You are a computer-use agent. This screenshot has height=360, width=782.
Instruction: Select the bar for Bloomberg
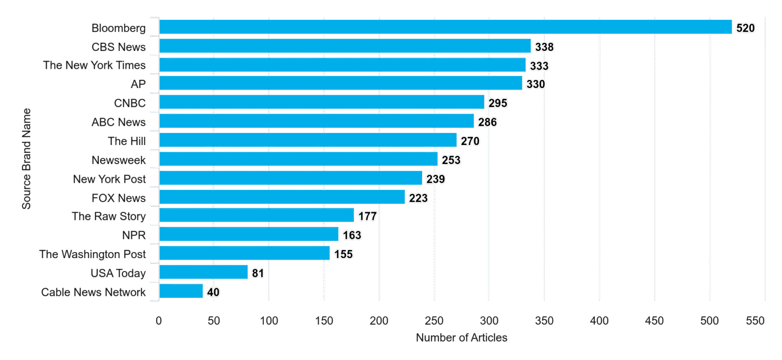(x=445, y=27)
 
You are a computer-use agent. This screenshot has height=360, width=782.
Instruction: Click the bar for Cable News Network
(x=181, y=291)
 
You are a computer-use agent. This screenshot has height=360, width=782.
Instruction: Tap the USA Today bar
(x=204, y=272)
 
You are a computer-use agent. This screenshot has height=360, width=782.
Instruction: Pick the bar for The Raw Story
(x=257, y=215)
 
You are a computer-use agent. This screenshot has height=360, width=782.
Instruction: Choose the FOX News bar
(x=282, y=197)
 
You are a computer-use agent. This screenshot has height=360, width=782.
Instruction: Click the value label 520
(x=745, y=28)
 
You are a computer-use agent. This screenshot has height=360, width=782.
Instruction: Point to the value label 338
(x=544, y=47)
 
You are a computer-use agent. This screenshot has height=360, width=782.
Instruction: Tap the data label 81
(x=258, y=273)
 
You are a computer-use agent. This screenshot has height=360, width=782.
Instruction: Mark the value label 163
(x=352, y=235)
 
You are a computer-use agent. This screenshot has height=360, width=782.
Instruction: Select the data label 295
(x=498, y=103)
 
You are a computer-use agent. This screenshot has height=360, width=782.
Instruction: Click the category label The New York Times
(x=94, y=65)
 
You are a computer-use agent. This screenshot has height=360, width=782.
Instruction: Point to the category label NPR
(x=134, y=235)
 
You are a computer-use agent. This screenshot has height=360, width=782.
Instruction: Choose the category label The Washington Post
(x=92, y=254)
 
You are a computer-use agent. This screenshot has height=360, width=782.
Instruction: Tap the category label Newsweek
(x=118, y=160)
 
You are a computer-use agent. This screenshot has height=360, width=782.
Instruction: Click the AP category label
(x=138, y=84)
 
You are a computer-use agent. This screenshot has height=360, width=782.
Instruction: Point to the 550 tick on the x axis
(x=755, y=321)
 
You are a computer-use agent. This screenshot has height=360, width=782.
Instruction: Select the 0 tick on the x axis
(x=159, y=321)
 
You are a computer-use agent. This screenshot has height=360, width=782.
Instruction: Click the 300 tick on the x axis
(x=489, y=321)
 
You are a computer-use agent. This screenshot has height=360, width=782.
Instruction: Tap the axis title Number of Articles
(x=462, y=338)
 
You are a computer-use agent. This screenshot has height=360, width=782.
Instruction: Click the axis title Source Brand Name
(x=26, y=159)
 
